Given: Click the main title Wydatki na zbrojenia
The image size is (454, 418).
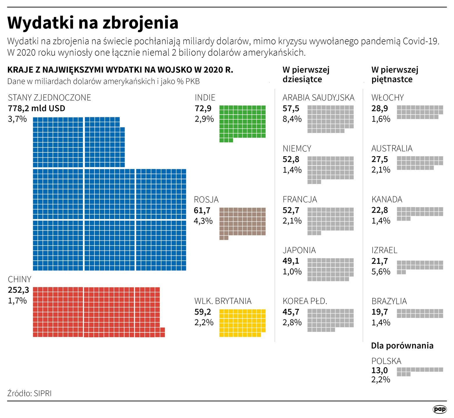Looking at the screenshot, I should pos(93,23).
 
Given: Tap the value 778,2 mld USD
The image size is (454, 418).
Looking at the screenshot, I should pos(37,108).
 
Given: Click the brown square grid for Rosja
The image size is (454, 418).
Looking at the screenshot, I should pos(242,222).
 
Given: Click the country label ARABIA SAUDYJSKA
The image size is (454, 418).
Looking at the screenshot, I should pos(318,98).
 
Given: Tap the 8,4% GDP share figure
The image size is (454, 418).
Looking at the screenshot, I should pos(292,119).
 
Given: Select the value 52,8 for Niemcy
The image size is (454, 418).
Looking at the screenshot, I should pos(291,159).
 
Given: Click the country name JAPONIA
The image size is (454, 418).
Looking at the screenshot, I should pos(299,250).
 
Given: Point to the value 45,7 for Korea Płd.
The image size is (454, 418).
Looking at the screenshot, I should pos(291,312).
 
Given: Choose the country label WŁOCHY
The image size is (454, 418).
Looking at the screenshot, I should pos(387,98).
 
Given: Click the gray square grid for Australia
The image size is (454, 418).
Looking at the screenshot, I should pos(420,163).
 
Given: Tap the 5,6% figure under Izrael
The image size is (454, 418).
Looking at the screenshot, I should pos(381,272).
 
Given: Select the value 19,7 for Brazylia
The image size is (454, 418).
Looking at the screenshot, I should pos(380,312).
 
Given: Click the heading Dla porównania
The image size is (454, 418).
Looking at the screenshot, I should pos(402,346).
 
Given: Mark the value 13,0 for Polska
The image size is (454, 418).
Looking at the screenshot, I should pos(380,370).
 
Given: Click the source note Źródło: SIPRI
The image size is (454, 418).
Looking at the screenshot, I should pos(29,393).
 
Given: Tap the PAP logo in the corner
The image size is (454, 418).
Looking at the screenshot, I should pos(439,409).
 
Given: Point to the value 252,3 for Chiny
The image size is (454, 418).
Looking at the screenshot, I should pos(19,290).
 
